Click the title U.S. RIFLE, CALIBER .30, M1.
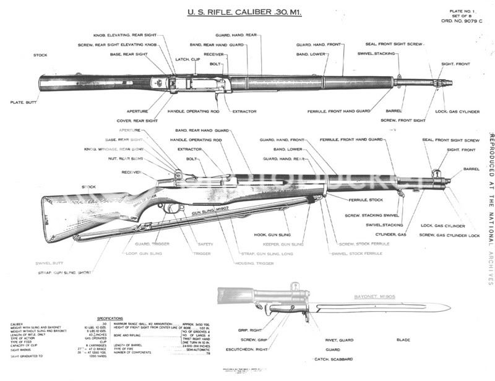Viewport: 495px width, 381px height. [244, 12]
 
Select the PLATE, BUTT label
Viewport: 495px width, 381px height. [23, 102]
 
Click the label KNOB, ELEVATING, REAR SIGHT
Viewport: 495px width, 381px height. [125, 35]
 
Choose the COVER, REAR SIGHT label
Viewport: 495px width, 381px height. [137, 121]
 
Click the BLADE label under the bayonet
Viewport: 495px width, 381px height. [403, 340]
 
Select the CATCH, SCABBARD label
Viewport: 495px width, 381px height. [332, 359]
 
